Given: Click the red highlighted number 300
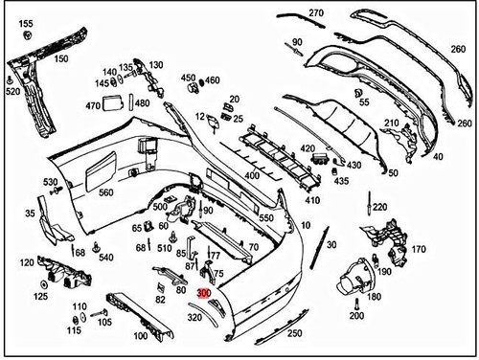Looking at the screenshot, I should pos(203,296).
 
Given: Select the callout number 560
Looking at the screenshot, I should pos(105,193).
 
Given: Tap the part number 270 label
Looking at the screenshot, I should pos(316,12).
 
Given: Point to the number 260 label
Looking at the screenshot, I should pos(466,124).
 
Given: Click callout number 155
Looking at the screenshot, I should pos(26,23).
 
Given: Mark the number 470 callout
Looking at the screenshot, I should pos(93,105).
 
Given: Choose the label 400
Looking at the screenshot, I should pos(252,176).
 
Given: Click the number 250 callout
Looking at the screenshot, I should pos(294,332).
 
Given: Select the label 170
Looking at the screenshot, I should pos(418,250).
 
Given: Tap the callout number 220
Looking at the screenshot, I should pos(380,207).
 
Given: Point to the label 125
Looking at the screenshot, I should pos(41,298).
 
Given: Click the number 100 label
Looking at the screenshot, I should pos(140,336).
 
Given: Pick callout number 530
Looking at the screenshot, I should pos(50,182).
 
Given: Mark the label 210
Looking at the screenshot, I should pos(391,124).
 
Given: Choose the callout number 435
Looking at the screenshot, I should pos(342,180).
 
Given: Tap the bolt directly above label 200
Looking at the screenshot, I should pos(356,300).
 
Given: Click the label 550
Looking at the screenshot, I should pos(265,218).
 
